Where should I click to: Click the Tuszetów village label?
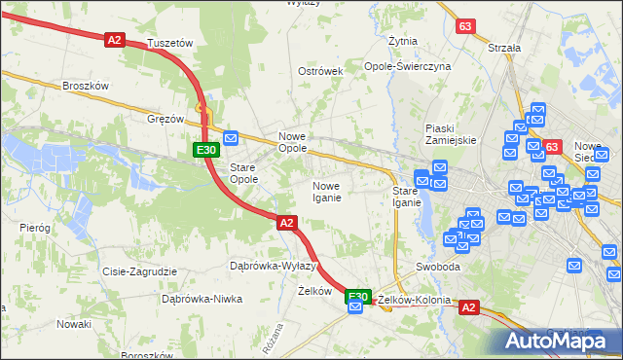170,44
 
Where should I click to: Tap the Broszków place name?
84,86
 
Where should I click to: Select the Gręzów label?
165,119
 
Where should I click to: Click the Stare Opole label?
242,173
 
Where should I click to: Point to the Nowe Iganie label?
326,192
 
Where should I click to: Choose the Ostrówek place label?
320,71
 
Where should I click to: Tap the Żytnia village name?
403,42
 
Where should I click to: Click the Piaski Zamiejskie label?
451,134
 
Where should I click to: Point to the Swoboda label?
437,267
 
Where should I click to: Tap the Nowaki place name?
73,323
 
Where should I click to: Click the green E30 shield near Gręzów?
204,150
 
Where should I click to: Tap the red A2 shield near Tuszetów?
115,39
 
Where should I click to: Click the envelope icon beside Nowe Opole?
231,138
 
